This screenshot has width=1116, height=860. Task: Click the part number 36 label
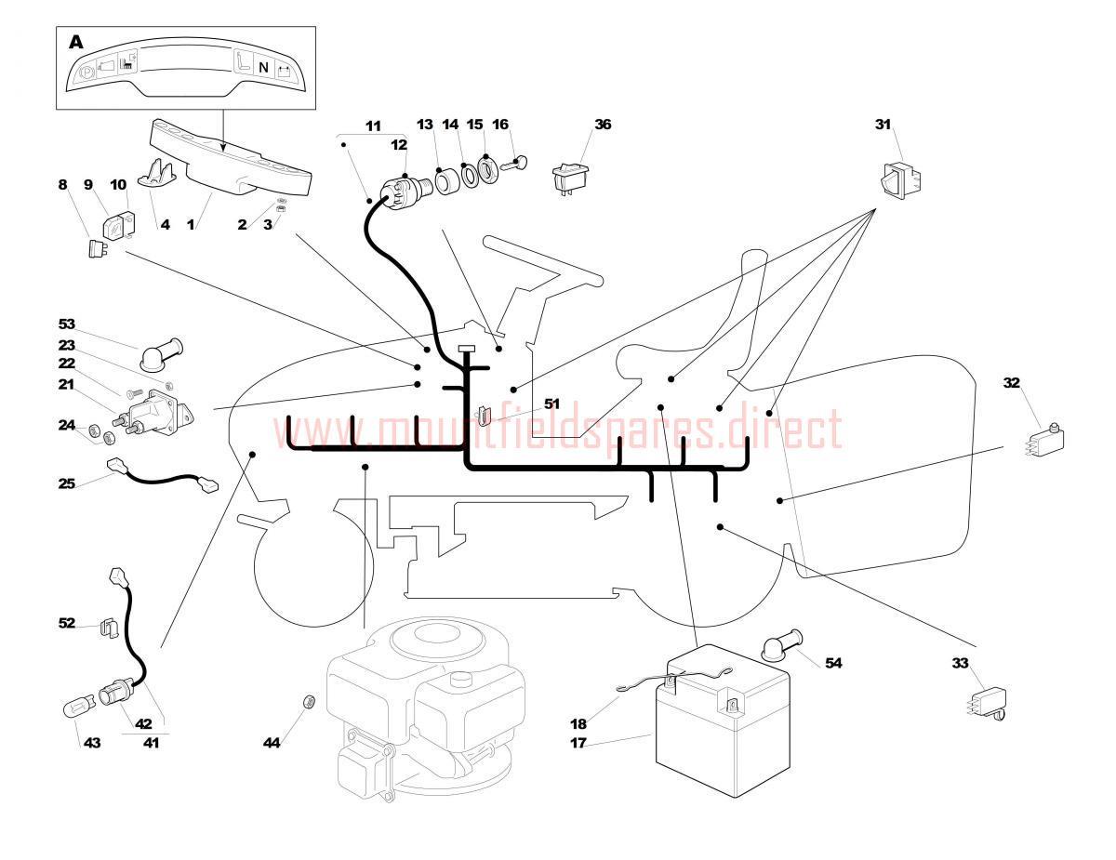603,125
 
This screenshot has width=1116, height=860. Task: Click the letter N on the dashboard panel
263,68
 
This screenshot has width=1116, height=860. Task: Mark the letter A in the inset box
76,43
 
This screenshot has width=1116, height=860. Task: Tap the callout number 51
551,404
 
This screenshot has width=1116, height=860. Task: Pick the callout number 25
66,483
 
